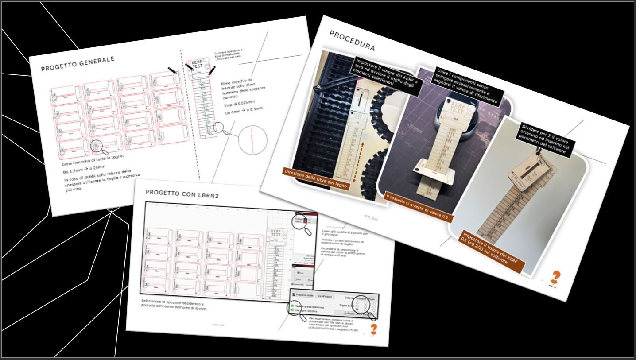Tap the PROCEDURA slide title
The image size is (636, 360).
point(352,41)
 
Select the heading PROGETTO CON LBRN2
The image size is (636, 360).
point(180,192)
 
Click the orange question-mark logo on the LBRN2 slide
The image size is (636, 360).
point(374,329)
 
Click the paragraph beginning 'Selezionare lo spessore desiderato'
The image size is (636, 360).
point(174,304)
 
